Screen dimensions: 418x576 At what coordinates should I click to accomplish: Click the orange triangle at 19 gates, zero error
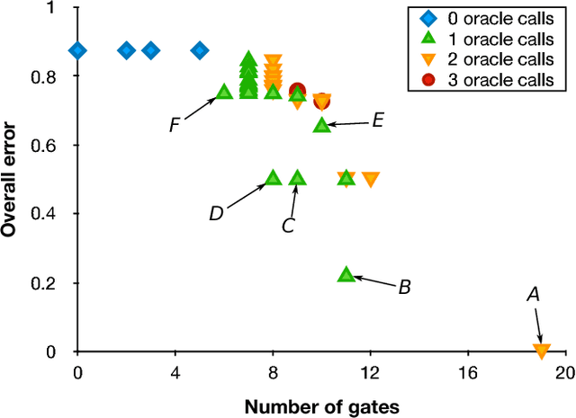[541, 351]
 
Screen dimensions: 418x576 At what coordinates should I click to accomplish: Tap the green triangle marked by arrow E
[322, 125]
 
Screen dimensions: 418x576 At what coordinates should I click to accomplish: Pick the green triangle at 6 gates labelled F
[224, 92]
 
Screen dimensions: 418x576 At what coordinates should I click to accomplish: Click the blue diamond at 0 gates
[78, 50]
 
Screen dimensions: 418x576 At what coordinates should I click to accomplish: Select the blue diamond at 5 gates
[200, 50]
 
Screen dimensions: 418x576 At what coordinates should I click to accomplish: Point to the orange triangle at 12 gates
[371, 179]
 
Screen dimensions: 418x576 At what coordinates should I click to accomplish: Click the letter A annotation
[533, 294]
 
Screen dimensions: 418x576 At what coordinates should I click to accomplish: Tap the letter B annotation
[404, 288]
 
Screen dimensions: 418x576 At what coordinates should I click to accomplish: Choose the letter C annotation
[288, 226]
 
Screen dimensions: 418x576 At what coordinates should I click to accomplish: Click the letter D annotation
[216, 213]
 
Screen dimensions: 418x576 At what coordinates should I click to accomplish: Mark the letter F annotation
[175, 125]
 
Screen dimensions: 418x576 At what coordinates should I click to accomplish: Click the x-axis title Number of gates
[320, 405]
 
